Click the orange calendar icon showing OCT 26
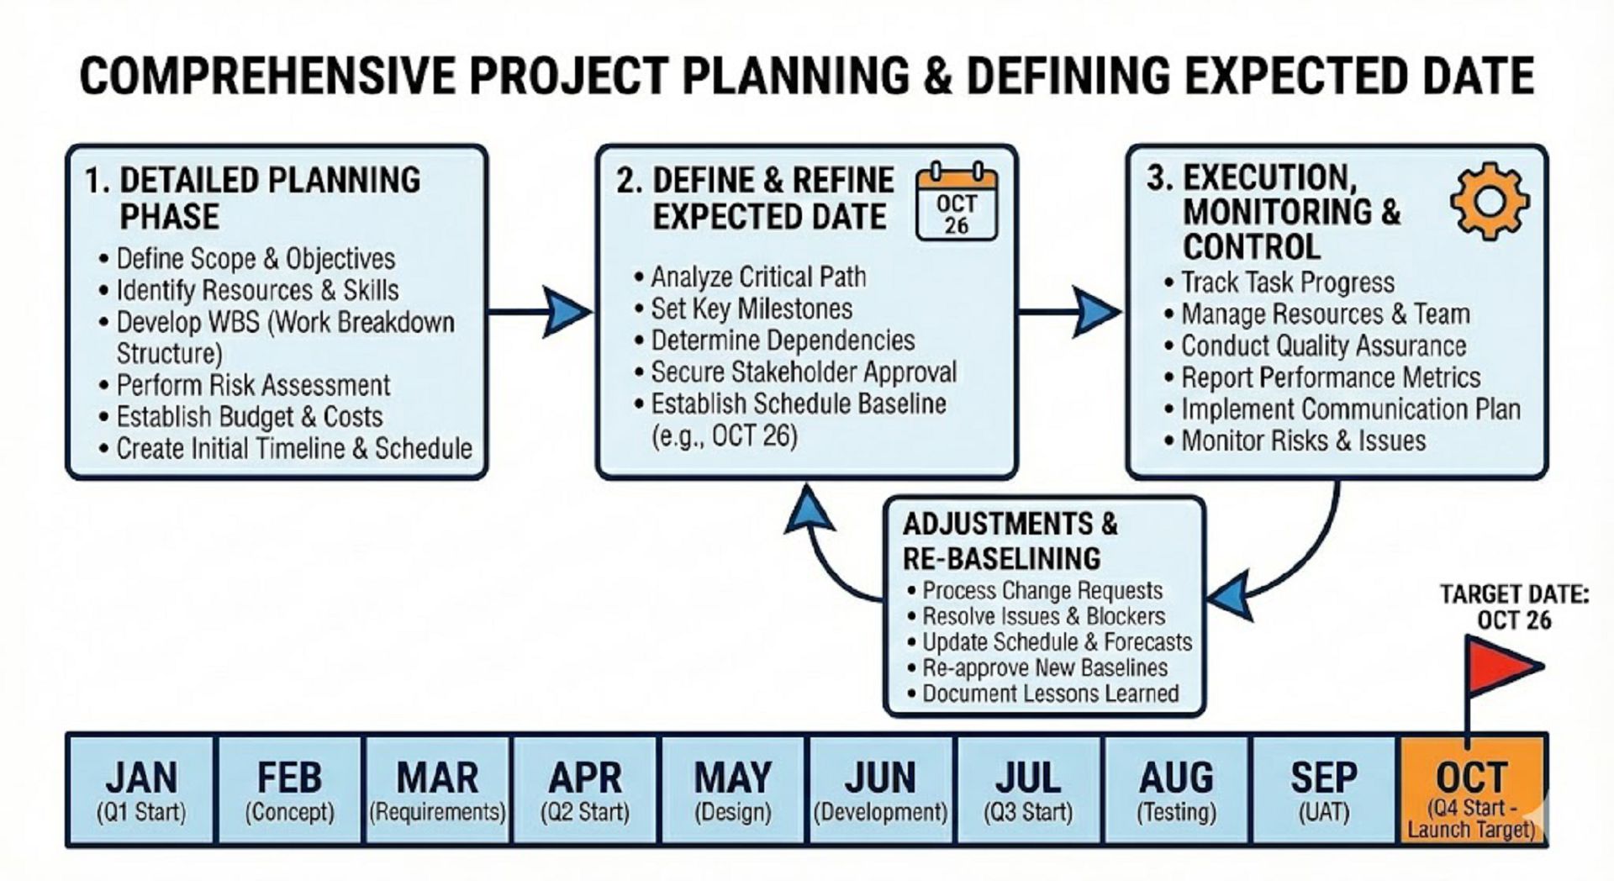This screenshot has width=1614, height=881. tap(956, 202)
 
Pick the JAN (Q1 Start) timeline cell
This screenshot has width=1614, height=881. tap(140, 790)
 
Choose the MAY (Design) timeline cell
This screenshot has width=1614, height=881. tap(732, 790)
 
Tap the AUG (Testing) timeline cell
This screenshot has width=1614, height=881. tap(1176, 790)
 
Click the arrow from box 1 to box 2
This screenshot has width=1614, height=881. tap(541, 312)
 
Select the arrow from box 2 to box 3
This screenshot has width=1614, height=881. tap(1070, 312)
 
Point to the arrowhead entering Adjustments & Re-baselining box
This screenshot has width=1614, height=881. tap(1229, 595)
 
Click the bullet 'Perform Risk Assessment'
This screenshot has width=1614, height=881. tap(245, 385)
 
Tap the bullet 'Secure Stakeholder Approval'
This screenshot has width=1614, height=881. tap(796, 372)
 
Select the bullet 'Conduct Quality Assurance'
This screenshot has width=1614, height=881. tap(1316, 346)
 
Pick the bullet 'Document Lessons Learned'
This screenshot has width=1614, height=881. tap(1043, 694)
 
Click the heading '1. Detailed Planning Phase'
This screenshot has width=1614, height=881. tap(252, 198)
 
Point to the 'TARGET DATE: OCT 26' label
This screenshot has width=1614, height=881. tap(1514, 607)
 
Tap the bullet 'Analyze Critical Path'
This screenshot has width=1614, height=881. tap(751, 277)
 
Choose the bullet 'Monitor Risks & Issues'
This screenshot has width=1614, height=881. tap(1295, 440)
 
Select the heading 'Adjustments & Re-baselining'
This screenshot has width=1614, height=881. tap(1010, 541)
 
